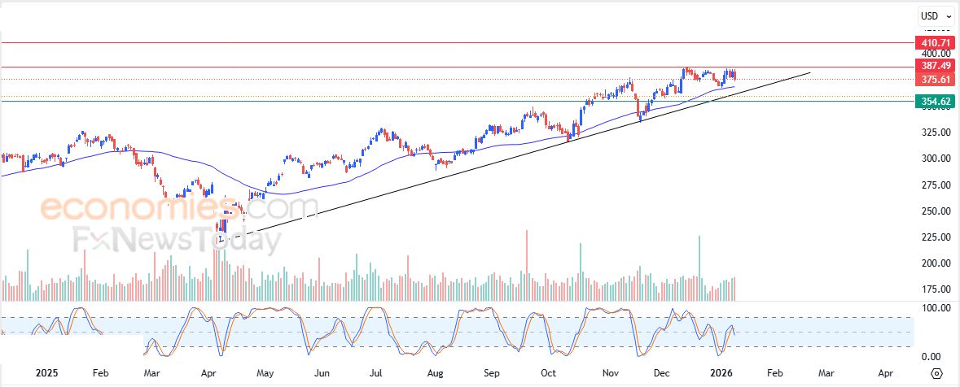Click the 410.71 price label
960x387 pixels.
(x=936, y=42)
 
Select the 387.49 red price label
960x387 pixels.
(x=936, y=66)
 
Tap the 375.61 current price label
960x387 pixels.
(x=936, y=79)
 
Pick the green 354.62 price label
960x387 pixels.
(x=936, y=102)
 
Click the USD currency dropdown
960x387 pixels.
(x=933, y=16)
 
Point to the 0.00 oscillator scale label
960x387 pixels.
(x=931, y=357)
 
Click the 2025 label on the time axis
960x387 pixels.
(x=47, y=373)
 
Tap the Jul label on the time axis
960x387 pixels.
(x=376, y=373)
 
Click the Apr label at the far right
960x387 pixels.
(x=886, y=373)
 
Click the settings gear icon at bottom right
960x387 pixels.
(x=936, y=373)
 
